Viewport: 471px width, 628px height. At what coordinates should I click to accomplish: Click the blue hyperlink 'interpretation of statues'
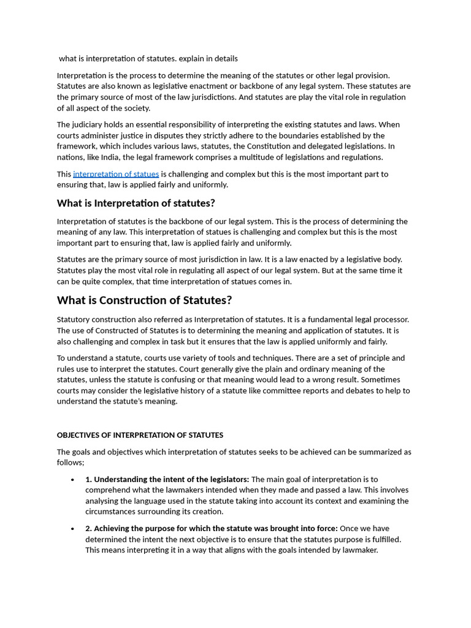click(116, 174)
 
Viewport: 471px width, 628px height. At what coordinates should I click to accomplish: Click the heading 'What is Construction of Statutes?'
click(144, 301)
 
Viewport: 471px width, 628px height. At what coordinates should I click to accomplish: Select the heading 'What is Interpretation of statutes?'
click(136, 203)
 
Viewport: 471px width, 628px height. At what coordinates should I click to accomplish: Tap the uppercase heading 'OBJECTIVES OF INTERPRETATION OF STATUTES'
click(140, 435)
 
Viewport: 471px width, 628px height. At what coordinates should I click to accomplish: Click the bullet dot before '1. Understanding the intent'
click(73, 480)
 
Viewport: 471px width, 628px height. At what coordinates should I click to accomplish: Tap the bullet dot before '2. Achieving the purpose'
click(73, 529)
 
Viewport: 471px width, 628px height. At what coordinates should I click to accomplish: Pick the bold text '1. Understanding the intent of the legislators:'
click(167, 480)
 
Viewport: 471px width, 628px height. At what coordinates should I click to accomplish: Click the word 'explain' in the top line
click(193, 59)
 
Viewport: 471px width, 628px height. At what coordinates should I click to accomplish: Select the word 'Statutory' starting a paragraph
click(75, 320)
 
